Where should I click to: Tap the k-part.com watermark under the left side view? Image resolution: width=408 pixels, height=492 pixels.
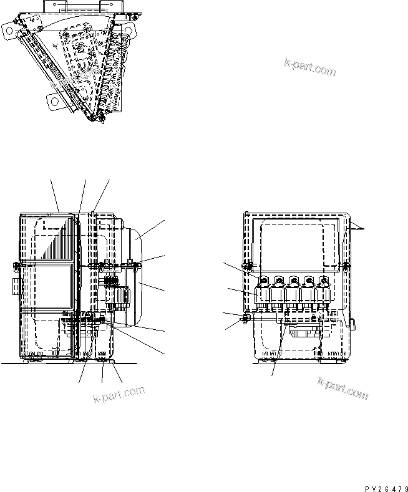click(119, 394)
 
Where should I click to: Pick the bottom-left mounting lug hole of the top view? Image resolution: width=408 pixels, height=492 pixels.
click(53, 99)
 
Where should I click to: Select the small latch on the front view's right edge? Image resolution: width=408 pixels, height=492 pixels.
click(352, 324)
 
